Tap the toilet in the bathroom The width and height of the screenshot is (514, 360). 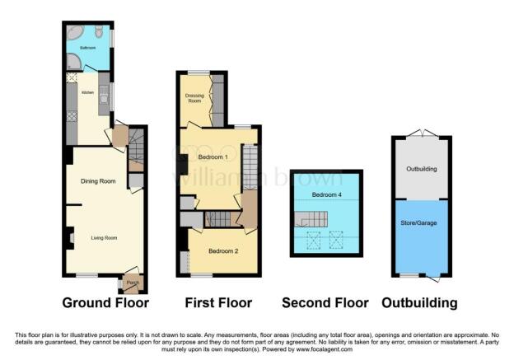98,32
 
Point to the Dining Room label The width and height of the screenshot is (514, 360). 98,181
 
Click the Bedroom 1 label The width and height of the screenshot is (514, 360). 213,157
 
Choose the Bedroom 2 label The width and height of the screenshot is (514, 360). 222,250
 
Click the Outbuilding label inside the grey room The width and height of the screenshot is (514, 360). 422,169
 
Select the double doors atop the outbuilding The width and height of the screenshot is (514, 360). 422,133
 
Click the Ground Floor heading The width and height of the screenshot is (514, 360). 105,303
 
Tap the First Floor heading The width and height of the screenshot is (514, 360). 217,303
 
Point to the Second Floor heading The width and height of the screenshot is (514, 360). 325,303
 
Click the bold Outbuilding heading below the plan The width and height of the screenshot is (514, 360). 419,303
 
